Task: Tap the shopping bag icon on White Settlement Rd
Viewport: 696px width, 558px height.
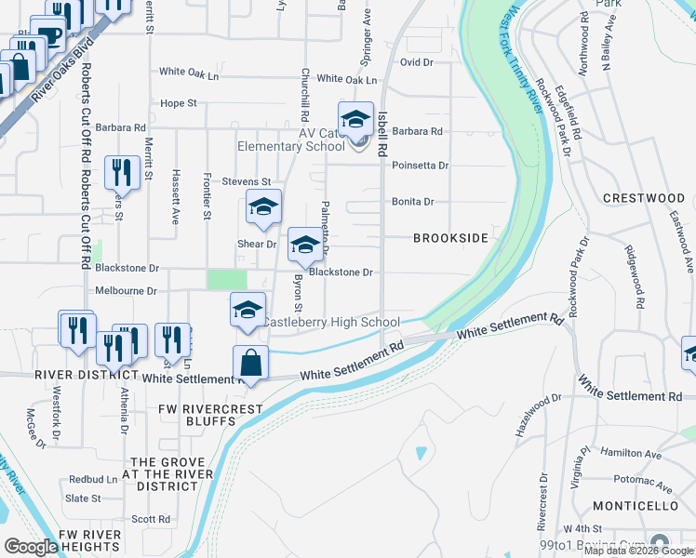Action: tap(251, 362)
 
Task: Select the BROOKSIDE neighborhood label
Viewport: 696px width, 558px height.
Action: tap(451, 238)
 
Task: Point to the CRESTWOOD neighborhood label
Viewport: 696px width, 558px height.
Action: tap(644, 198)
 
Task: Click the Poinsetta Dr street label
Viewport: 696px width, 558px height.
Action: tap(420, 166)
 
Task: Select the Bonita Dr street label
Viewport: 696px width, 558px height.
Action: tap(413, 201)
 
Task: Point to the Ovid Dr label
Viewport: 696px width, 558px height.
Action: tap(417, 62)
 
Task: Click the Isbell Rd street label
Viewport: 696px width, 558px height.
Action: tap(382, 132)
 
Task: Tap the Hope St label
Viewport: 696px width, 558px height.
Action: tap(179, 103)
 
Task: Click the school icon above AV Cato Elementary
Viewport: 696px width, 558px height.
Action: tap(355, 118)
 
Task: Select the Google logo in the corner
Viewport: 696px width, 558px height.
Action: tap(31, 547)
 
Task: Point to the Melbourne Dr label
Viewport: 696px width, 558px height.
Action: tap(126, 290)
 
